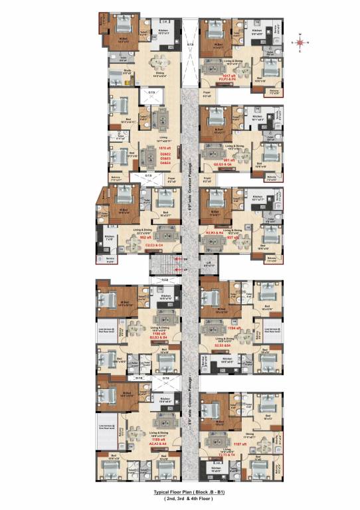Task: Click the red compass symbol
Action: pyautogui.click(x=301, y=42)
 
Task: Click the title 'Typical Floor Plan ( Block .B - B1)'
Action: pyautogui.click(x=180, y=493)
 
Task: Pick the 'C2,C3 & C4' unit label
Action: pyautogui.click(x=154, y=245)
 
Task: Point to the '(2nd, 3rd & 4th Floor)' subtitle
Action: pyautogui.click(x=180, y=499)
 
